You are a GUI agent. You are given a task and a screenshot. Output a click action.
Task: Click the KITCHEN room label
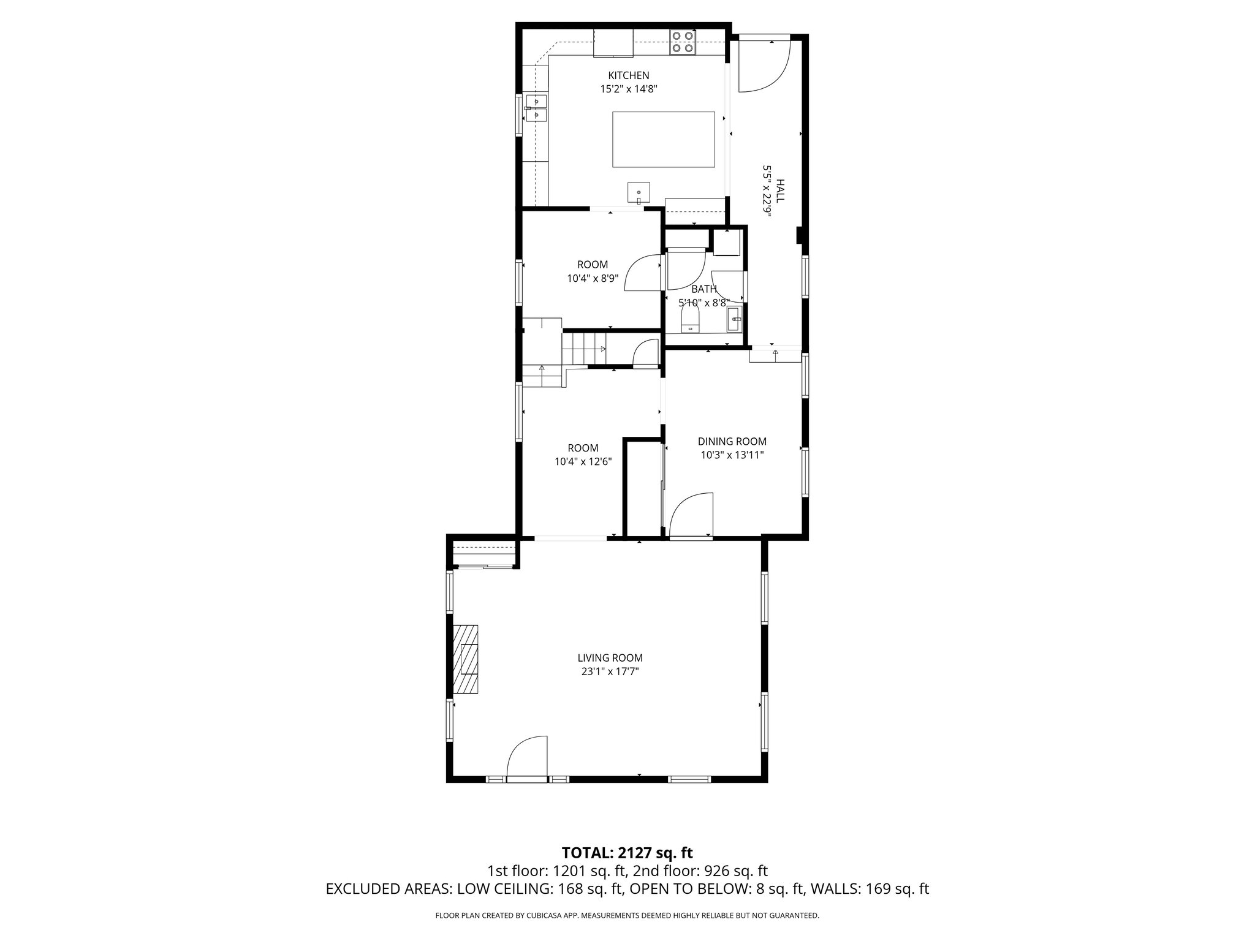(x=628, y=75)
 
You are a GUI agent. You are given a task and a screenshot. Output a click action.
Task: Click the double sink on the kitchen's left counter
(x=107, y=108)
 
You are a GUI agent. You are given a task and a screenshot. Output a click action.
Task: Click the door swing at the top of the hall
(x=763, y=64)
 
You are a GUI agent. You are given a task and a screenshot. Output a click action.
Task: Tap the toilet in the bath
(x=690, y=319)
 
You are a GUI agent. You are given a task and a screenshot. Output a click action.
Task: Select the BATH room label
(x=703, y=289)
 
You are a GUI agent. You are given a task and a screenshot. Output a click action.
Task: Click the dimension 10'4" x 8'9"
(x=593, y=278)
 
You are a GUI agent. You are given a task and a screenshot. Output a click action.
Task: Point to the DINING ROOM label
(x=732, y=441)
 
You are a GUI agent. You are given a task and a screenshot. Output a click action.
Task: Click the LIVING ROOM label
(x=610, y=658)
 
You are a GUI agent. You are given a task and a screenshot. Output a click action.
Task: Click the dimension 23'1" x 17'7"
(x=610, y=671)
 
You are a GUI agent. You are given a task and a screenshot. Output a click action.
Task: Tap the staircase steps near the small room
(x=584, y=348)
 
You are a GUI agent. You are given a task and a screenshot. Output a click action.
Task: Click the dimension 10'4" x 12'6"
(x=583, y=461)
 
